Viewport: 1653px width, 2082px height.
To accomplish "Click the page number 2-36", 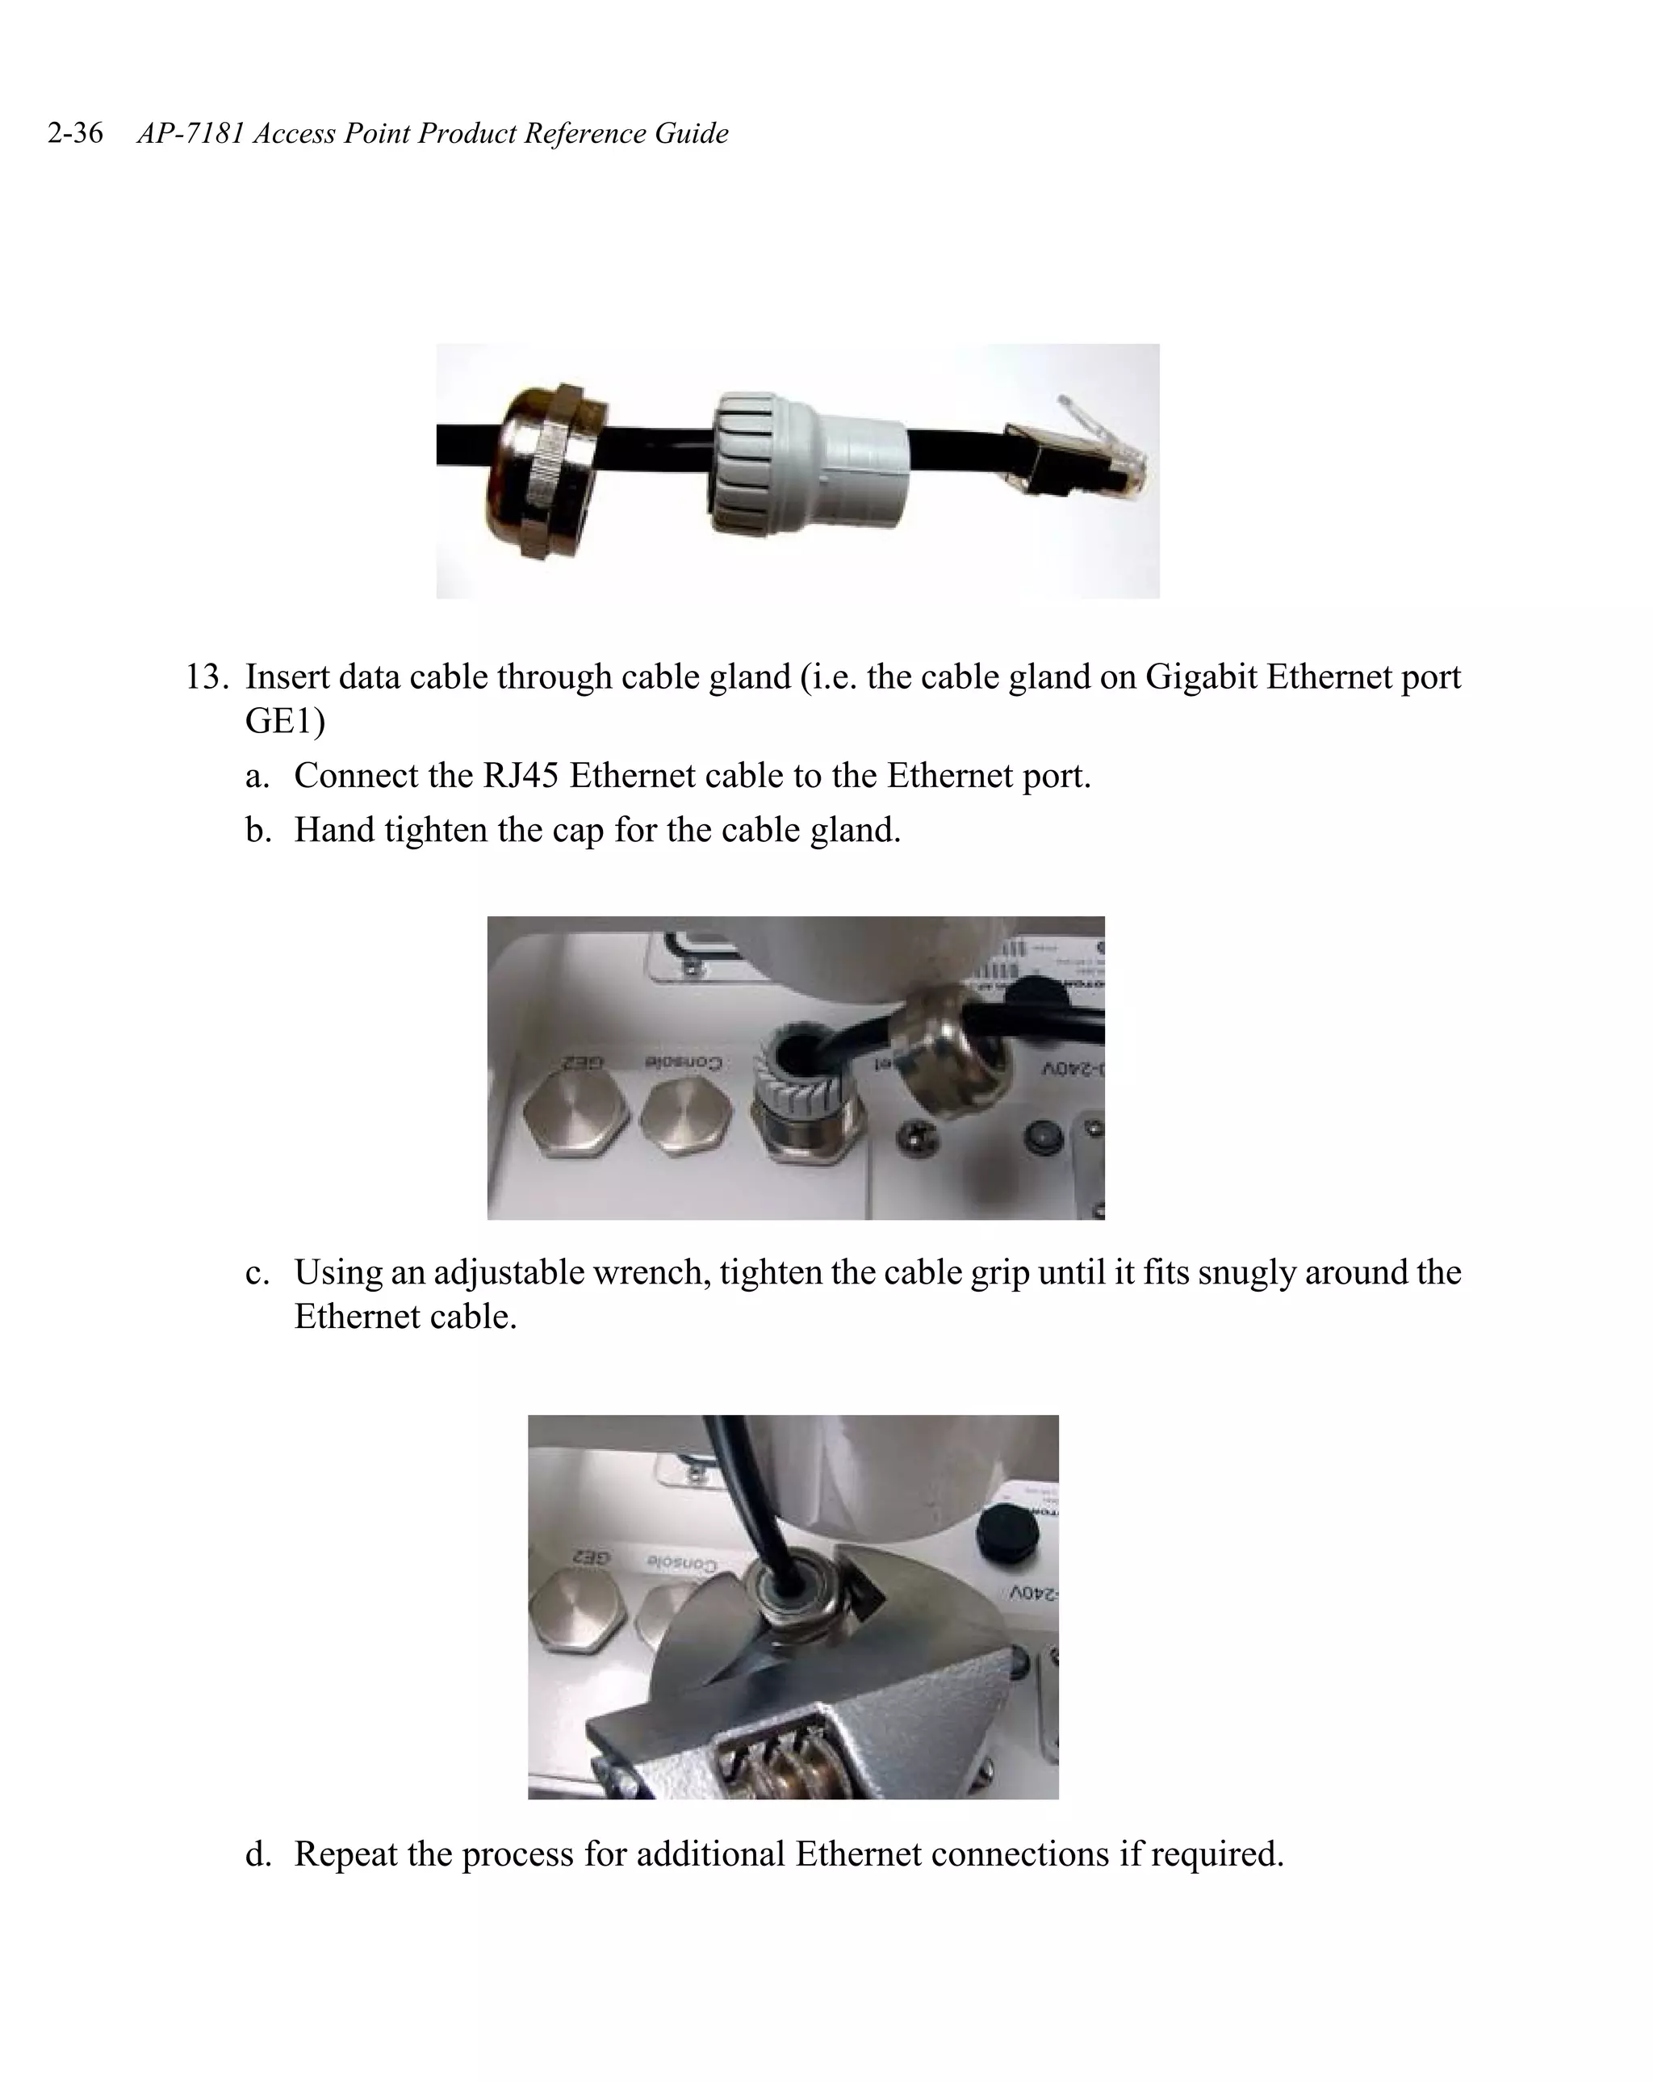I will click(74, 132).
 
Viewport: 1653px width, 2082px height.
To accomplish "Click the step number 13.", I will click(205, 677).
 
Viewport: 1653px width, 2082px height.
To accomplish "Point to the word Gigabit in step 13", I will click(1200, 677).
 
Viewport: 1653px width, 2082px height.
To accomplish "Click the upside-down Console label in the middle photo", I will click(683, 1063).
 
